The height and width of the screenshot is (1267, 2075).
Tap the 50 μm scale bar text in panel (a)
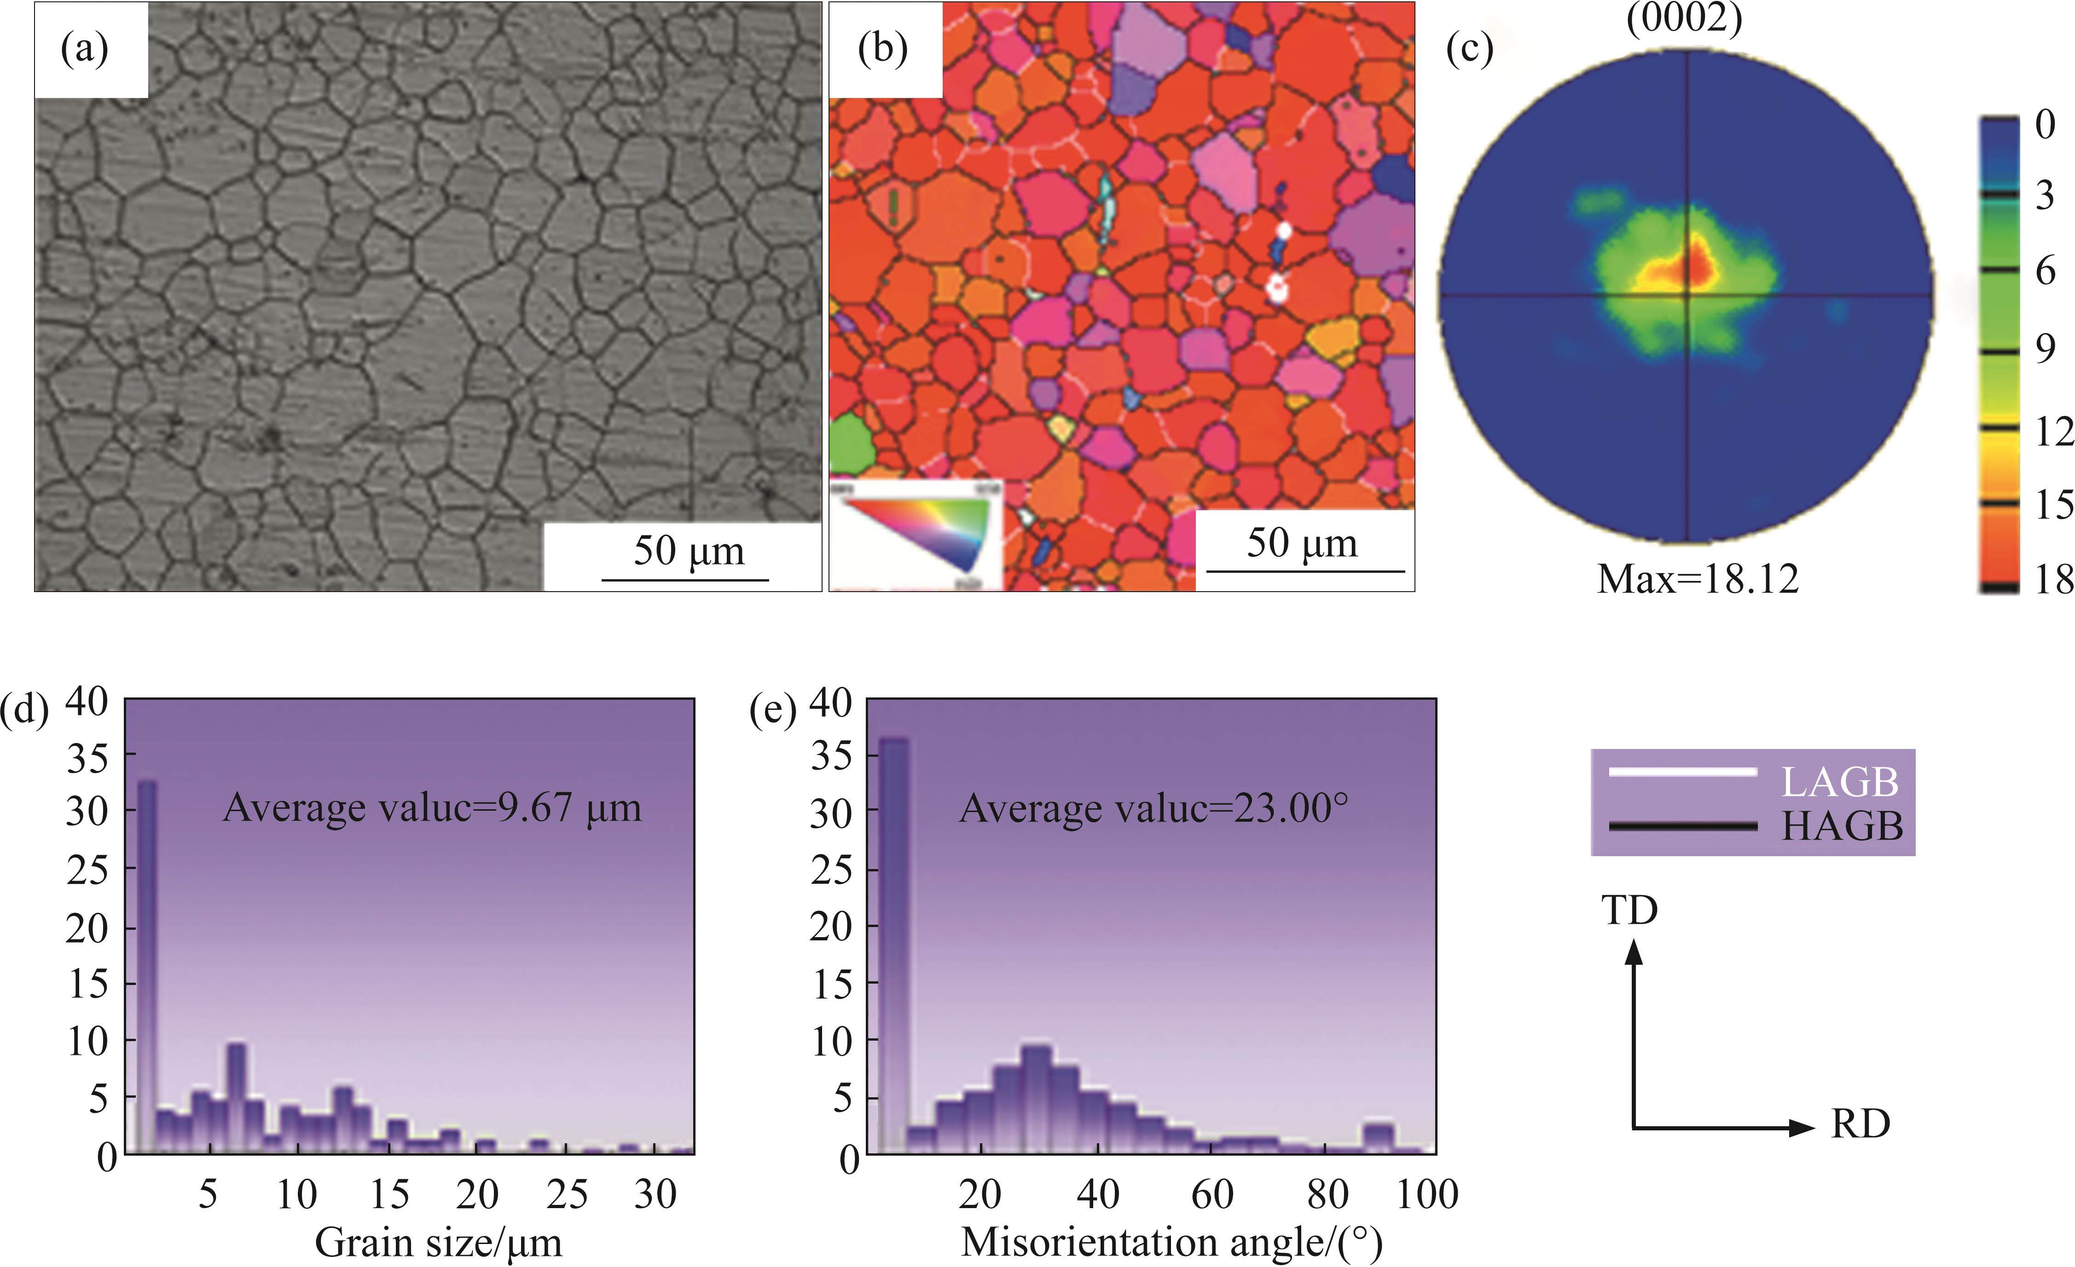(689, 552)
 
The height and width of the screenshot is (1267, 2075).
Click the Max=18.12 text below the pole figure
(1698, 579)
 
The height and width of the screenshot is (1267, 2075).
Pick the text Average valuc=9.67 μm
(431, 808)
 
